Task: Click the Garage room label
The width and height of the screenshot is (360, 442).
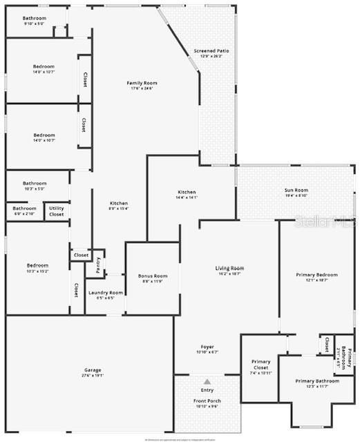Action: [x=88, y=370]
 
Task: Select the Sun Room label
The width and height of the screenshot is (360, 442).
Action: [x=296, y=190]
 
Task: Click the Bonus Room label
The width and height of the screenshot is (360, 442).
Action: [x=153, y=276]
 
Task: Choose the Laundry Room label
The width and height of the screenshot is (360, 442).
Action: [x=106, y=293]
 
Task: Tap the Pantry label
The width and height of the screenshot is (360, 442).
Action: [x=98, y=264]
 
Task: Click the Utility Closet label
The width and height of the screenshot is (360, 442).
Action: [x=56, y=211]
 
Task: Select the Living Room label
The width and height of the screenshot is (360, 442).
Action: [x=230, y=268]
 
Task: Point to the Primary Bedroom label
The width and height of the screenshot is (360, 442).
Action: [x=317, y=275]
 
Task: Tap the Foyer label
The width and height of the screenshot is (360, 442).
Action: [x=207, y=347]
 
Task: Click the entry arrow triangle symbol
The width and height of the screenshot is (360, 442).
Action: [x=207, y=381]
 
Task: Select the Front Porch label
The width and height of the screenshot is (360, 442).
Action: [x=207, y=402]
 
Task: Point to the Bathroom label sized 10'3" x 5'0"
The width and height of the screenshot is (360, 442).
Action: [x=34, y=183]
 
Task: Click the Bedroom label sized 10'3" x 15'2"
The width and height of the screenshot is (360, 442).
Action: [x=37, y=265]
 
